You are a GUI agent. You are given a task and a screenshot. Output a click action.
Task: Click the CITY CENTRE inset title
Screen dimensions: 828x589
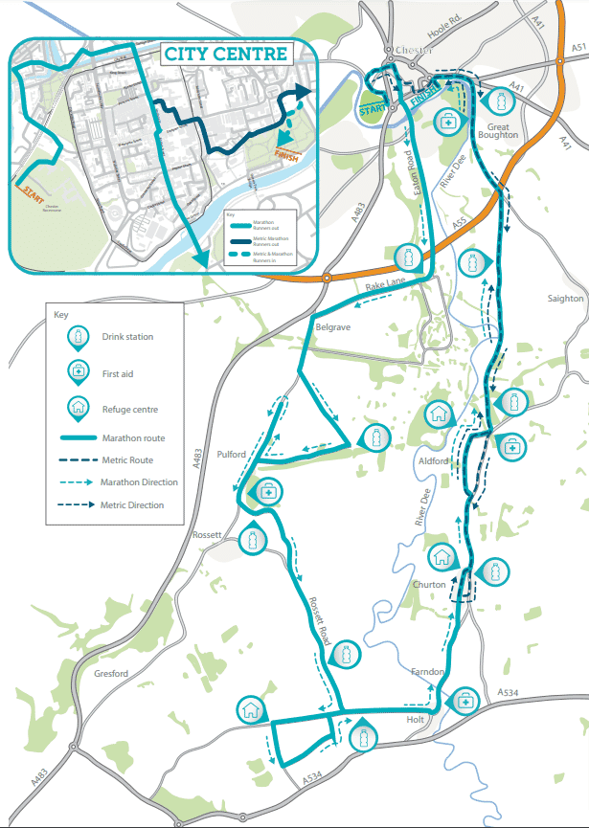click(226, 53)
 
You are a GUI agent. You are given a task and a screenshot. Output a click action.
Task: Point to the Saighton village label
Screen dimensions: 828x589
click(565, 299)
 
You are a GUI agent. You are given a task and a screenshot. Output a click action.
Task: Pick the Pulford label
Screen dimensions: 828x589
click(232, 455)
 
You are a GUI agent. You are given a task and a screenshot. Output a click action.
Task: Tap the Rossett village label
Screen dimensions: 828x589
click(208, 534)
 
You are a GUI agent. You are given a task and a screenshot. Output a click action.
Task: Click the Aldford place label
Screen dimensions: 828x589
click(434, 461)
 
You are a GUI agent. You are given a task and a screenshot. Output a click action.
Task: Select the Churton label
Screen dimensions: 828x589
click(429, 585)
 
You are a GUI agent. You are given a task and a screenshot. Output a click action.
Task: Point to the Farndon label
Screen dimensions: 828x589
click(426, 672)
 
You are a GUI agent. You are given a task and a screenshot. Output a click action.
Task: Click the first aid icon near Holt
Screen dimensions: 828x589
click(466, 700)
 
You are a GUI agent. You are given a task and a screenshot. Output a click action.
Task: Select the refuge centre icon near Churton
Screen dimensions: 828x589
click(442, 553)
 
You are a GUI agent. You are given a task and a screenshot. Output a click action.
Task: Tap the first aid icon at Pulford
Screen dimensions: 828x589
click(267, 490)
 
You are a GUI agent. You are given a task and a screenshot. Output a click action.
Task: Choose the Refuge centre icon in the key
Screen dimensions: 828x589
click(76, 408)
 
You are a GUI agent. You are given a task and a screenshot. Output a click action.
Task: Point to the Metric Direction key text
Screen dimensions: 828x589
click(132, 505)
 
